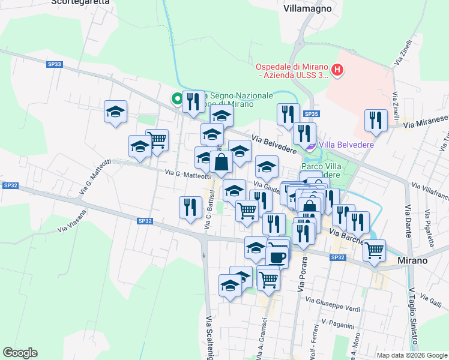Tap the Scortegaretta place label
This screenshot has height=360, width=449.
[x=80, y=2]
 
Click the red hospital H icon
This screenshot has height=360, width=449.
[x=338, y=71]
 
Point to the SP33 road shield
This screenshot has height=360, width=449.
[x=55, y=64]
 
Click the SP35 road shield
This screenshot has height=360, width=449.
[x=310, y=114]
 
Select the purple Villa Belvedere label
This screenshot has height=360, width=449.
[x=346, y=145]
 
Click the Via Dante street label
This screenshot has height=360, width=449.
[x=408, y=217]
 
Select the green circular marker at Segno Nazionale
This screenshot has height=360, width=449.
[x=178, y=99]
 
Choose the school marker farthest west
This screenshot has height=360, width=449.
[x=115, y=112]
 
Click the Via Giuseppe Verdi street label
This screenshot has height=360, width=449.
[x=333, y=304]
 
